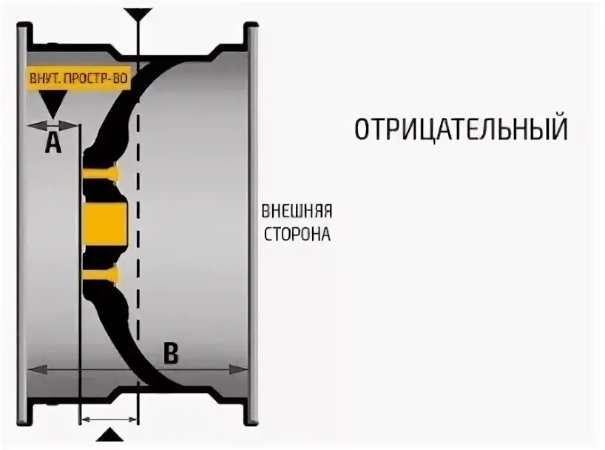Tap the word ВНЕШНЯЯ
pos(296,212)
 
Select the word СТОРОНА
pos(296,235)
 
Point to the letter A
pos(52,143)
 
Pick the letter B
pos(171,354)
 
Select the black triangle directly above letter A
pos(52,104)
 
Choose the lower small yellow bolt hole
pos(101,275)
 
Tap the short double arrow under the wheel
pos(109,420)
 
